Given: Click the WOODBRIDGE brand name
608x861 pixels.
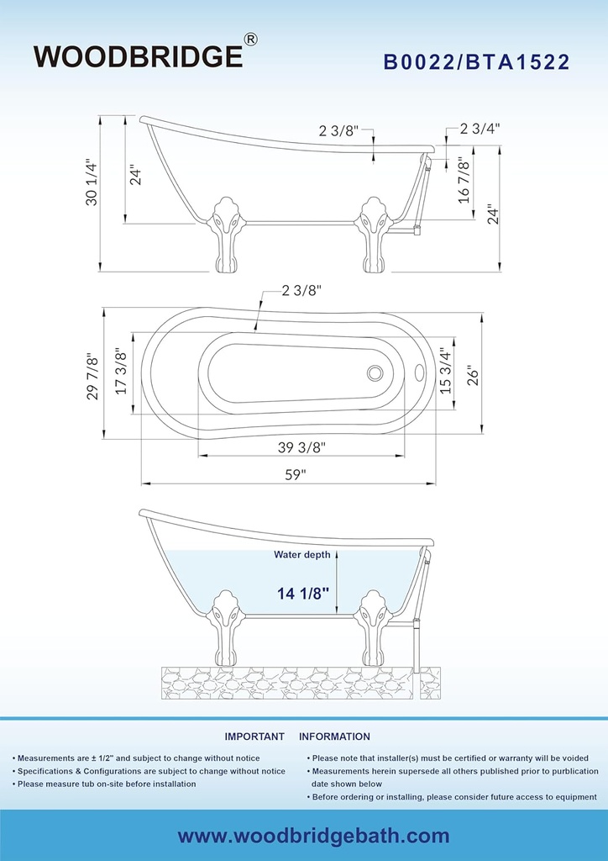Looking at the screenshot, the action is pos(139,56).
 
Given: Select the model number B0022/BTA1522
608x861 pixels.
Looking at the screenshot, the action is pos(476,62).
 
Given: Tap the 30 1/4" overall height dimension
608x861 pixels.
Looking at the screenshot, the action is pos(92,183).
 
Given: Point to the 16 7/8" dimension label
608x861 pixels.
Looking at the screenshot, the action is pos(464,182).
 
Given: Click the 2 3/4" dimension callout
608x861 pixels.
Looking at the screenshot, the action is pos(480,129).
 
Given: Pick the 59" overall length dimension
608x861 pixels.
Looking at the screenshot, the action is pos(295,475).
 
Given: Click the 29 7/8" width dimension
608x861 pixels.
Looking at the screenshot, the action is pos(93,378).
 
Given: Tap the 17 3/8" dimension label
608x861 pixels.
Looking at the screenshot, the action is pos(121,372).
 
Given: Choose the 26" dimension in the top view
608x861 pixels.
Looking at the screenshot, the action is pos(474,376).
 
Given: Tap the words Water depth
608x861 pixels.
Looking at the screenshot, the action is pos(302,555).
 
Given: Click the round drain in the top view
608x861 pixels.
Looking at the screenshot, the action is pos(375,372).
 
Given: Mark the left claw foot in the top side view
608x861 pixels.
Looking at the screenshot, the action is pos(225,235).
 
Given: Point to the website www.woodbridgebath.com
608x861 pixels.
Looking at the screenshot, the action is pos(313,837).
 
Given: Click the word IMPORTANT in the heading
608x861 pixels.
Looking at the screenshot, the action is pos(254,737).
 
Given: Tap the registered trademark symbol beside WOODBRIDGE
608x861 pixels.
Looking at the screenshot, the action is pos(250,40).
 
